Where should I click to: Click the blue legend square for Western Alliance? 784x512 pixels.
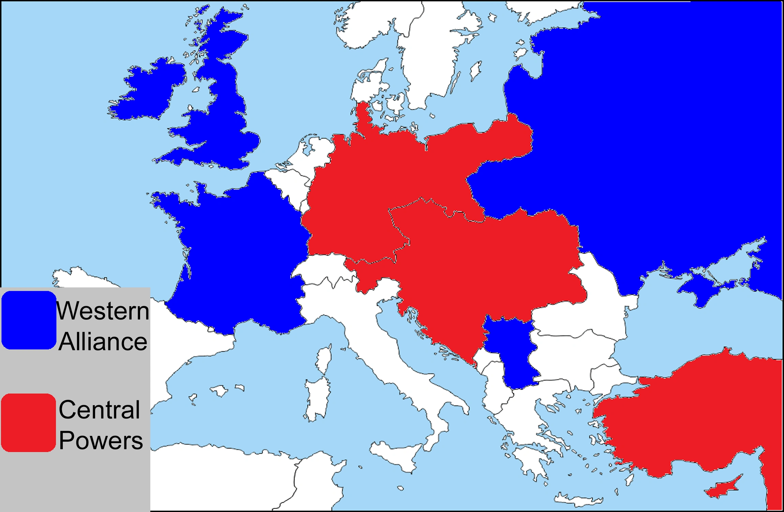(29, 320)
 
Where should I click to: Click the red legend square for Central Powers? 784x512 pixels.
(29, 422)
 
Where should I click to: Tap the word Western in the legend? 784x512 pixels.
(103, 311)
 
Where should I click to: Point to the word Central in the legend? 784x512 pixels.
(99, 409)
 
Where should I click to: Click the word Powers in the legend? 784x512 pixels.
(101, 440)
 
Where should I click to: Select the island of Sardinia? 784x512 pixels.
(317, 398)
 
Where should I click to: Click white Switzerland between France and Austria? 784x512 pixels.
(324, 270)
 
